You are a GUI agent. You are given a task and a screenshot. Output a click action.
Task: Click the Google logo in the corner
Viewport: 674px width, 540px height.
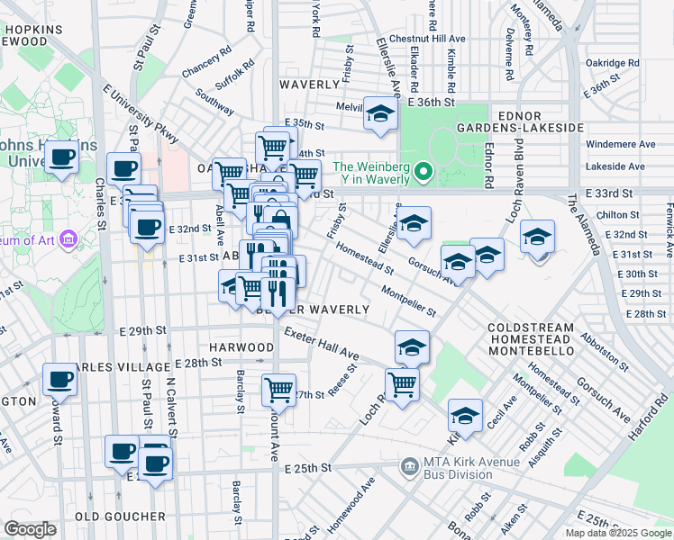31,529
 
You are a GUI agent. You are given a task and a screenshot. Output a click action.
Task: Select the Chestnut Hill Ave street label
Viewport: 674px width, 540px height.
434,40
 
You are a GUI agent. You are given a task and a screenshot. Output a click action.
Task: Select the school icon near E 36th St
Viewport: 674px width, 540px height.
380,114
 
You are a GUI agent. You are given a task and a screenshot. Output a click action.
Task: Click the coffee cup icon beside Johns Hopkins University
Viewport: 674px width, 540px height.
62,157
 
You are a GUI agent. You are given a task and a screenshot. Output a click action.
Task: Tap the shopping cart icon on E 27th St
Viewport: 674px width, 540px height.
279,391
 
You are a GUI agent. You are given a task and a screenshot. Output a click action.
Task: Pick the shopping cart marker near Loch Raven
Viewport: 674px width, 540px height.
402,384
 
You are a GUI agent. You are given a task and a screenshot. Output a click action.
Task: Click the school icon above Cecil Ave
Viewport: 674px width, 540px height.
465,415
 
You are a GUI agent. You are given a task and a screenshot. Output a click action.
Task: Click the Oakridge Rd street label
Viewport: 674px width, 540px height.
612,63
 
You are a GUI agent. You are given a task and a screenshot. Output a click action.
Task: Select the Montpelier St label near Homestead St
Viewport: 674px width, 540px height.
408,301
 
